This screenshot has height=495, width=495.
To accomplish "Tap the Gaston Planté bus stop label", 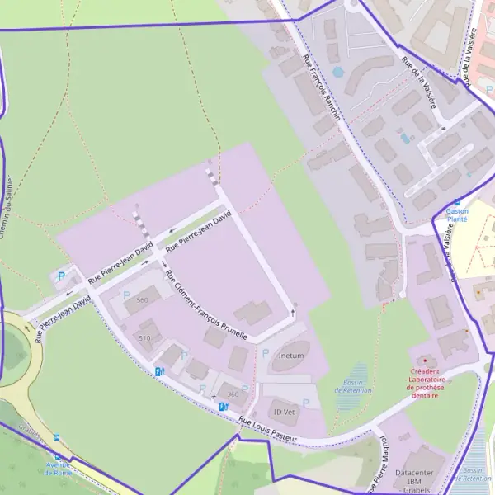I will pyautogui.click(x=457, y=215).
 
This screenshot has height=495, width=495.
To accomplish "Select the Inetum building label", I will pyautogui.click(x=291, y=356).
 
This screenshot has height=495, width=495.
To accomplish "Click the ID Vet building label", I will pyautogui.click(x=284, y=411).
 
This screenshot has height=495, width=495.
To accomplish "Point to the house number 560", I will pyautogui.click(x=142, y=299).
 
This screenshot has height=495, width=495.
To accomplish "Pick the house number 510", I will pyautogui.click(x=145, y=337).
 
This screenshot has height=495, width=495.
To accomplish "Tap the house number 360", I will pyautogui.click(x=233, y=394).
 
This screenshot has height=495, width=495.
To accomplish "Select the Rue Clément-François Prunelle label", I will pyautogui.click(x=206, y=306).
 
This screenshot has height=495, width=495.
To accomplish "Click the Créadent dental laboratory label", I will pyautogui.click(x=425, y=383).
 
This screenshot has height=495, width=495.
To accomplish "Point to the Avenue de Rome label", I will pyautogui.click(x=58, y=469).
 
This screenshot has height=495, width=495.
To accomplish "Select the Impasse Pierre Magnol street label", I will pyautogui.click(x=379, y=466).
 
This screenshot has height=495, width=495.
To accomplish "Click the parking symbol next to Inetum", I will pyautogui.click(x=265, y=353).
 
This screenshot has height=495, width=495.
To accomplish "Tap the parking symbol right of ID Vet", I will pyautogui.click(x=306, y=403).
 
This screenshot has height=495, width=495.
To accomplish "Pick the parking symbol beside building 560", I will pyautogui.click(x=126, y=295).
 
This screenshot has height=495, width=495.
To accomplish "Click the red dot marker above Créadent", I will pyautogui.click(x=425, y=361).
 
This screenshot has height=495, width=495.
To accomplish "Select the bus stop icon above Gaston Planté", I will pyautogui.click(x=457, y=201).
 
